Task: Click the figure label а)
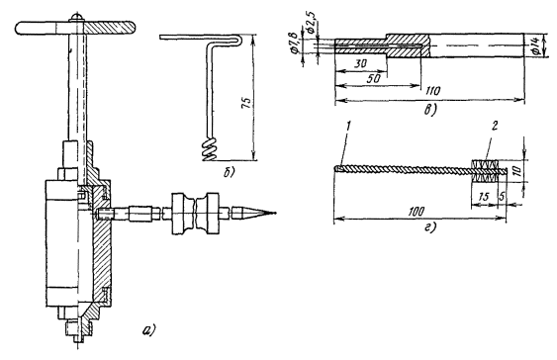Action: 149,330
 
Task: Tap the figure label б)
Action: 229,173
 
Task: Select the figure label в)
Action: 429,111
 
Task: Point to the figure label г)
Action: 429,227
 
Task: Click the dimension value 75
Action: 247,101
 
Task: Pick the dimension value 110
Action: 433,91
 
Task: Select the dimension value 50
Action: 373,78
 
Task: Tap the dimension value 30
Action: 361,64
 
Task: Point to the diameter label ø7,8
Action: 295,43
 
